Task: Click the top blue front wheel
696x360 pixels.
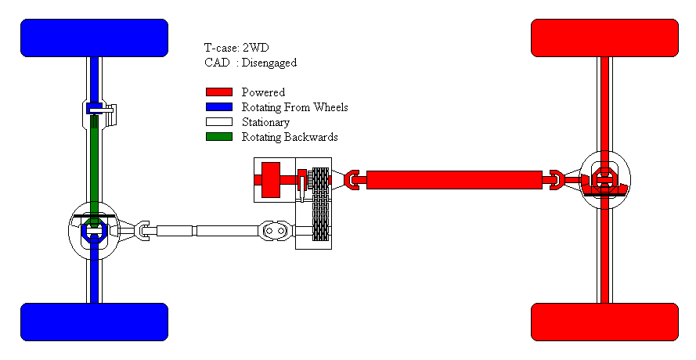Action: click(94, 38)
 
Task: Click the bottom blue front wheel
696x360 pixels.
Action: click(94, 322)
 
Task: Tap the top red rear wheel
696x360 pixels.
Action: click(604, 38)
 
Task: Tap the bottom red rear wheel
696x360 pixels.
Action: click(604, 322)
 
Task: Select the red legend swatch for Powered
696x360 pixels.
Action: click(219, 92)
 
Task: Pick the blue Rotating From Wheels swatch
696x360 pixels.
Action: click(219, 107)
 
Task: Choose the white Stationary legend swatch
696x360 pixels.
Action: click(219, 121)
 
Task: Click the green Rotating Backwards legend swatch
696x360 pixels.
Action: click(219, 137)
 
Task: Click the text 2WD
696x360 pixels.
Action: click(256, 48)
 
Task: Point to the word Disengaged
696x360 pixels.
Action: click(269, 63)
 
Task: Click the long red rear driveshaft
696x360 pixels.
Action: click(454, 180)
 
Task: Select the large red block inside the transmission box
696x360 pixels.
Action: click(271, 180)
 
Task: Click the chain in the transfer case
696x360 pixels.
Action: click(321, 204)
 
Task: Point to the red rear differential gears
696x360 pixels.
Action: click(604, 181)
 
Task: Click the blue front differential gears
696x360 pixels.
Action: click(94, 229)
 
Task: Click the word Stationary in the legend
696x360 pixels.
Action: click(265, 122)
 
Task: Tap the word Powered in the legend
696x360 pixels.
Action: click(263, 92)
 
